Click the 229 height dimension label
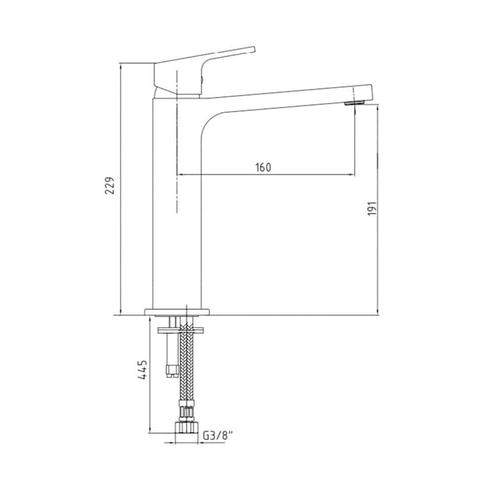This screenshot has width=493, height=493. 110,185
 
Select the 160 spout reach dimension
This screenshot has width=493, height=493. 263,167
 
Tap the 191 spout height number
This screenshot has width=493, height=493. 372,208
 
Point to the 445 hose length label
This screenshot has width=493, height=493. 143,370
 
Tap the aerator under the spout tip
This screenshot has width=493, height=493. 354,103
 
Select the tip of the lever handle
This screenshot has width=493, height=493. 254,49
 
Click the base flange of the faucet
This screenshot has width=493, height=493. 177,312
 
